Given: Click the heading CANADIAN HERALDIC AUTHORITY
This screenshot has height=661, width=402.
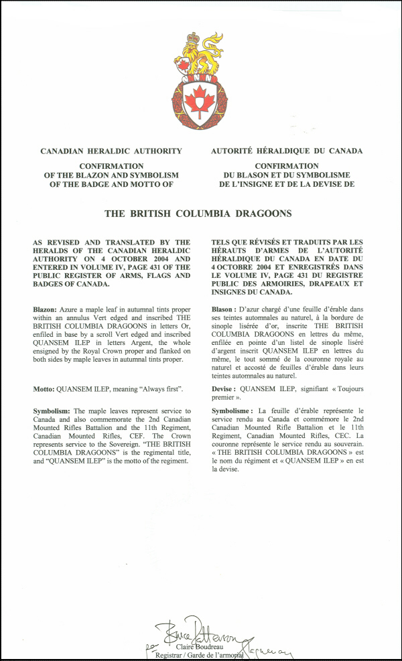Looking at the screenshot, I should click(111, 151).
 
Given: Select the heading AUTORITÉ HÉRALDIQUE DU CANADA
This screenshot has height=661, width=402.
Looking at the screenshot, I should click(287, 151).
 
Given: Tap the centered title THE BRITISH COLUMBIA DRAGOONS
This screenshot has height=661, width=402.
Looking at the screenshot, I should click(198, 214).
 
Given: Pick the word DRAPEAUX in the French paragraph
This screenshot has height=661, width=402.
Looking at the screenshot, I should click(324, 284).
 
